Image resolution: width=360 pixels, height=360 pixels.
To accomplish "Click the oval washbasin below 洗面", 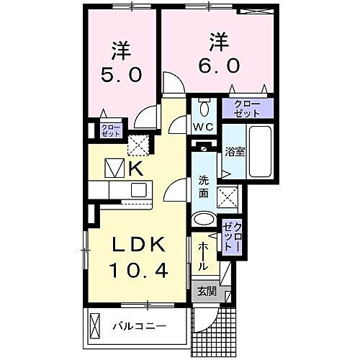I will coord(204,220).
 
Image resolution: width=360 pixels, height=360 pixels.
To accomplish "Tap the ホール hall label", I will coord(203,256).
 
